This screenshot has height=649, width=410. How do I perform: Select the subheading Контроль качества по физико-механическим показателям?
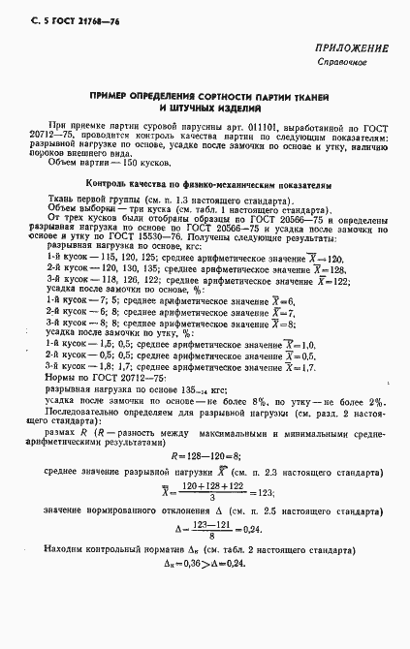pos(209,182)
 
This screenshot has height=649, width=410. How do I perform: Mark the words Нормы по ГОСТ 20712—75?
pos(104,380)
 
